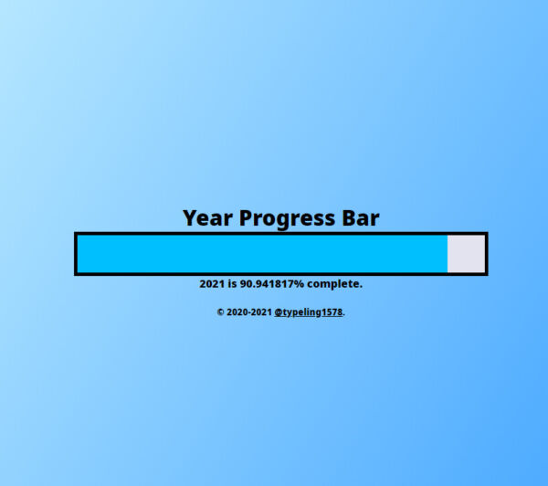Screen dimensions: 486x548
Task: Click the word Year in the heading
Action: click(x=208, y=218)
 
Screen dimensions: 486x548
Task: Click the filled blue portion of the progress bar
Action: click(x=261, y=253)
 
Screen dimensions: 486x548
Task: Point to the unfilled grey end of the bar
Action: click(x=466, y=253)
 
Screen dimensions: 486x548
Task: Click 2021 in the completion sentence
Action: click(x=212, y=284)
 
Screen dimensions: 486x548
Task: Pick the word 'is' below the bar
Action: click(x=232, y=284)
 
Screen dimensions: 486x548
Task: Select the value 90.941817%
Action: click(x=272, y=284)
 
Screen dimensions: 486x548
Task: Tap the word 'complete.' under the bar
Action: click(x=334, y=284)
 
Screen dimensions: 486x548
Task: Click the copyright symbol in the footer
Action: click(x=220, y=312)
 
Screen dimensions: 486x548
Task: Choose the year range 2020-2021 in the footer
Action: click(x=249, y=312)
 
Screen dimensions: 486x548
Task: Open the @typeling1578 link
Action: click(x=309, y=312)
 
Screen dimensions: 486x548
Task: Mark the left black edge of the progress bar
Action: click(x=76, y=253)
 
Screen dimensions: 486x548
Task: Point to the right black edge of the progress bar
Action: click(x=486, y=253)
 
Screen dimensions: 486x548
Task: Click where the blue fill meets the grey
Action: click(x=448, y=253)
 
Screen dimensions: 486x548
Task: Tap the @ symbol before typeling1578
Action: click(x=279, y=312)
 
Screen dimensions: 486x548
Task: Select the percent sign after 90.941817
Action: click(x=299, y=284)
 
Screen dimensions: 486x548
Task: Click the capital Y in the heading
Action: click(x=190, y=218)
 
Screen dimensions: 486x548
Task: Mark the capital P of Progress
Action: click(x=247, y=218)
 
